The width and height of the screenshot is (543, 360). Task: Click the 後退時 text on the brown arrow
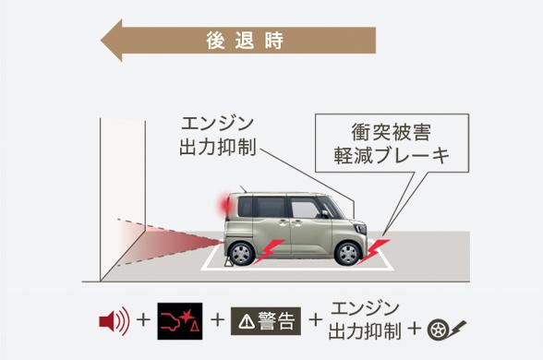point(245,42)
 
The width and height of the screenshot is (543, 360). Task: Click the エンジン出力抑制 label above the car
point(216,135)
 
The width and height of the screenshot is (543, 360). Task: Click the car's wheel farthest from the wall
point(348,253)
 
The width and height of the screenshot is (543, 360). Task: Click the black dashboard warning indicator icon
point(180,321)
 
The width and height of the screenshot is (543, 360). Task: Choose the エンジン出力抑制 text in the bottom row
point(364,319)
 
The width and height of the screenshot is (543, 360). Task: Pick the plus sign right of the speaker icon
point(143,321)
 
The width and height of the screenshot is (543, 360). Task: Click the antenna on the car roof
point(241,188)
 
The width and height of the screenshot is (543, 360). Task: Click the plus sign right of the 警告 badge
point(316,321)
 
